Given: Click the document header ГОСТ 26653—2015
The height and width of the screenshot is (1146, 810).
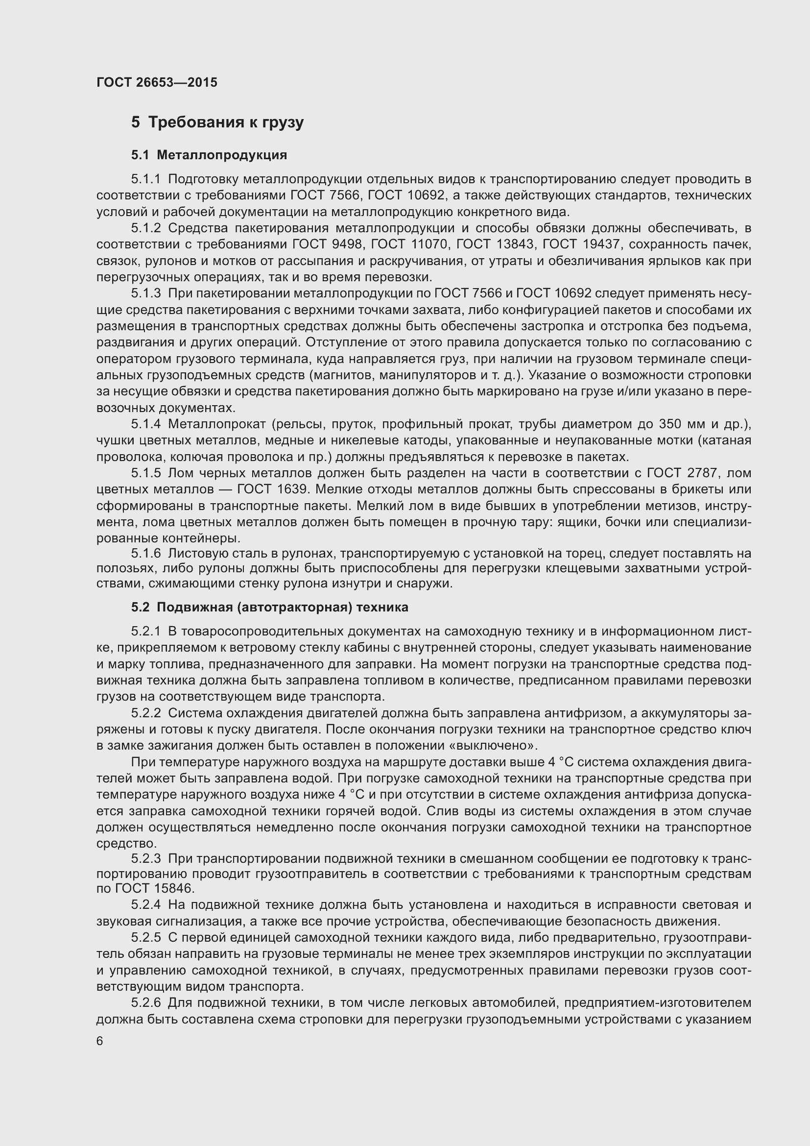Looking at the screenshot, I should coord(157,82).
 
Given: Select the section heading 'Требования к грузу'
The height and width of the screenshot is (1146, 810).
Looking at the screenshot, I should coord(225,122).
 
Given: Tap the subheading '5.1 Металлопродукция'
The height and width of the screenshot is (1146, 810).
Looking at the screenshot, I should coord(209,155).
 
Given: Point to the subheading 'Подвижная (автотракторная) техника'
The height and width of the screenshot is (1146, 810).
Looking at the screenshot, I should coord(282,607).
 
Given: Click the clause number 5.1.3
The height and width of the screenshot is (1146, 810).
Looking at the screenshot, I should coord(146,293).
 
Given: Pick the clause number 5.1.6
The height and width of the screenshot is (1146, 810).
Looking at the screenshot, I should coord(146,554).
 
